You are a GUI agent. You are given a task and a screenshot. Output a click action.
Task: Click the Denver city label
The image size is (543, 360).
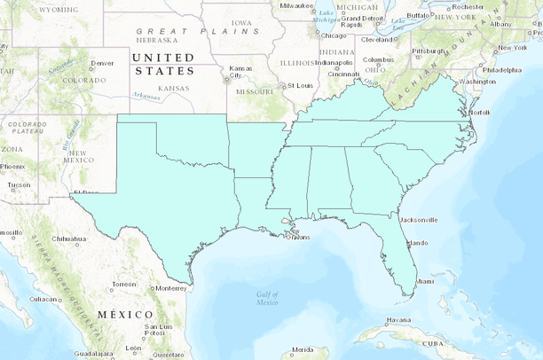point(103,63)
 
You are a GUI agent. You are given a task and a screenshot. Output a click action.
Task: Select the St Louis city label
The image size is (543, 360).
point(298,85)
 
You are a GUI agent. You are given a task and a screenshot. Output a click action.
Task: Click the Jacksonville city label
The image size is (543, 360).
point(418,219)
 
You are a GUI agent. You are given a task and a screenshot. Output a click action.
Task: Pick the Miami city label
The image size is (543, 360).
point(425,281)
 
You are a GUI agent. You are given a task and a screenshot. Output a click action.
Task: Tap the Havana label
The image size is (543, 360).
point(398,320)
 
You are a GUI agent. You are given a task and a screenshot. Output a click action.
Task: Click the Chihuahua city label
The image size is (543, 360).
point(69,239)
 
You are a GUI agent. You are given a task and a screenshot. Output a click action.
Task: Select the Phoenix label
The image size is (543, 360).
point(12,167)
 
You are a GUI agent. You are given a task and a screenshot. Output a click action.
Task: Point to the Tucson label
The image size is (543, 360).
point(19,185)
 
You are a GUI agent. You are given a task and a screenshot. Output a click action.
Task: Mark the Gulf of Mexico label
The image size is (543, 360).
point(267,298)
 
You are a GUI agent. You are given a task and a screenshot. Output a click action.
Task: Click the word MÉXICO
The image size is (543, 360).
point(124,315)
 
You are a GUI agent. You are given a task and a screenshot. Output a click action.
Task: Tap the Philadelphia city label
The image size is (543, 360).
point(502,69)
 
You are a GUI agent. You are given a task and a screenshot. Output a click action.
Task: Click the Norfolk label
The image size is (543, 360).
point(480,113)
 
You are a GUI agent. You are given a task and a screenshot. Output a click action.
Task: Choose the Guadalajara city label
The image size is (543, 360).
point(93,353)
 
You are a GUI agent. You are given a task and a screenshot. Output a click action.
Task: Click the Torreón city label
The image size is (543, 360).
point(124,285)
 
